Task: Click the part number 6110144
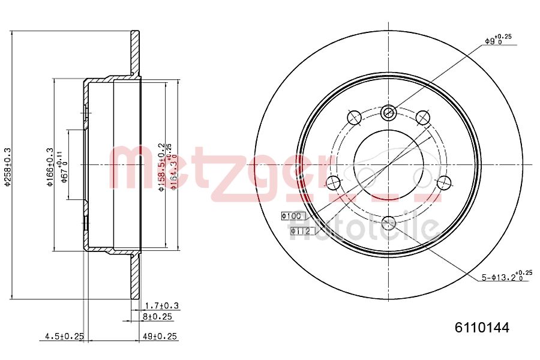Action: click(481, 328)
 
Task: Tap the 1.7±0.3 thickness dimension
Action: click(162, 306)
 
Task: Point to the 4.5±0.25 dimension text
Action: click(64, 337)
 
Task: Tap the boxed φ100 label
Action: click(293, 215)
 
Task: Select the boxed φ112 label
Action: click(299, 230)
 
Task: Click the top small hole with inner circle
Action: click(388, 112)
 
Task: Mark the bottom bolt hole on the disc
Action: click(388, 223)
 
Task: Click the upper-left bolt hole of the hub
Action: click(354, 117)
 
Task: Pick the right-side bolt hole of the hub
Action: click(443, 182)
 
